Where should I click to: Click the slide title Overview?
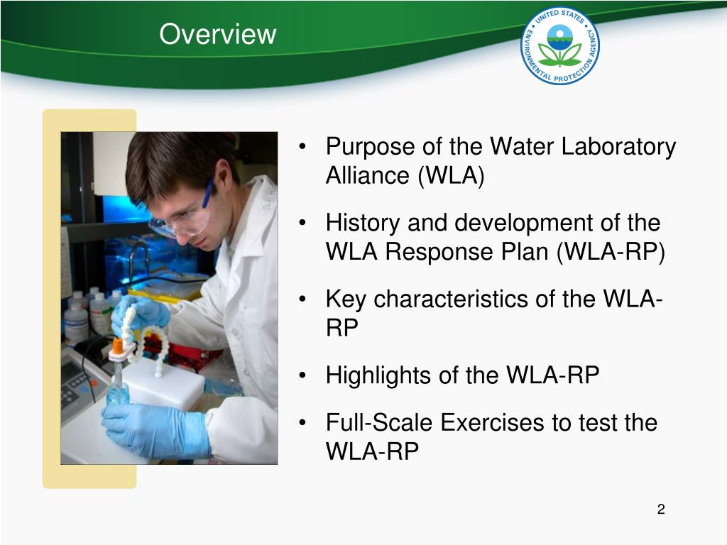click(x=217, y=34)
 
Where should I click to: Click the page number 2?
click(x=661, y=509)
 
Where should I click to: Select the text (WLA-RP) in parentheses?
click(x=611, y=253)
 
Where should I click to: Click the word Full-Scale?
click(x=380, y=423)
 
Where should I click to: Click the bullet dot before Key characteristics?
click(x=303, y=300)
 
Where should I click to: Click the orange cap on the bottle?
click(x=118, y=346)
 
